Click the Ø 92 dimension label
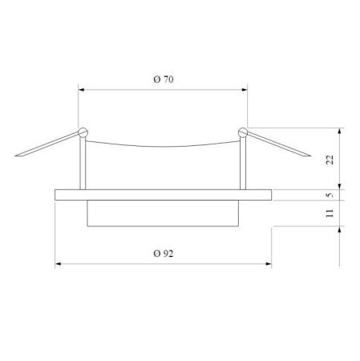(x=164, y=253)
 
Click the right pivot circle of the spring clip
(x=243, y=132)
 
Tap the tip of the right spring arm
(x=310, y=156)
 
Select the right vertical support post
(x=241, y=160)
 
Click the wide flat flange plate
(x=164, y=195)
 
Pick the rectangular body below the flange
(x=164, y=213)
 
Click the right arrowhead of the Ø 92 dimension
(x=269, y=264)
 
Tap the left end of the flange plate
(x=55, y=195)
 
